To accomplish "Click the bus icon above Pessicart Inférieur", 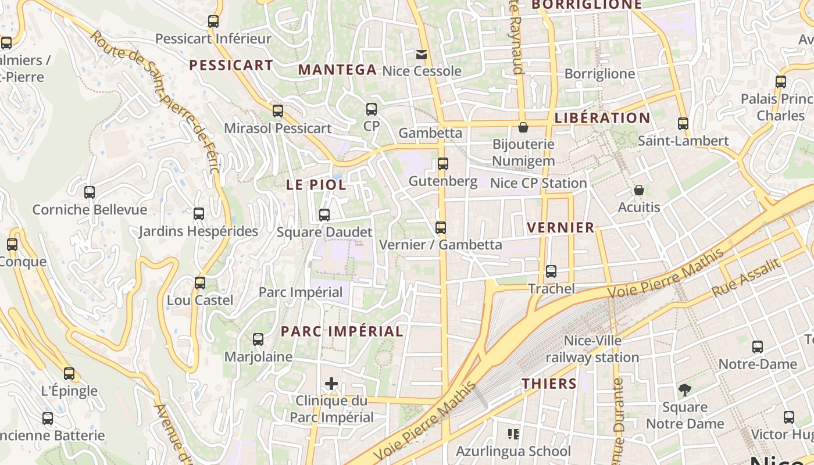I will point(213,22).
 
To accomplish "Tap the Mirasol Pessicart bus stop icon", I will point(278,110).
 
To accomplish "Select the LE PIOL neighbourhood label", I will point(316,185).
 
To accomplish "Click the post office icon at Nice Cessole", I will point(422,55).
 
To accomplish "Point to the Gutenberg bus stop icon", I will point(443,164).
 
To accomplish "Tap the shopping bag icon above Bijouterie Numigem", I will point(523,127).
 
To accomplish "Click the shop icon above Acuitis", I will point(639,190).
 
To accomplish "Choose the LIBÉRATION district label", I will point(602,118).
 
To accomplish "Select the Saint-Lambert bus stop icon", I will point(683,124).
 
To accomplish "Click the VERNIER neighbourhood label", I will point(560,227).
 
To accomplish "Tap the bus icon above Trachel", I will point(551,271).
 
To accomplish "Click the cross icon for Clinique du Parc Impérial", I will point(331,384).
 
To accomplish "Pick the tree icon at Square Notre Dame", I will point(685,390).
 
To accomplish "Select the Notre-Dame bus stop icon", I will point(758,347).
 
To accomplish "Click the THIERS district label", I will point(549,384).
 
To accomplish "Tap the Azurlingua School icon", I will point(513,434).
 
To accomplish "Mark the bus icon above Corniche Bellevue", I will point(90,192).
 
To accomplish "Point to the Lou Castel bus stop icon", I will point(200,283).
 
